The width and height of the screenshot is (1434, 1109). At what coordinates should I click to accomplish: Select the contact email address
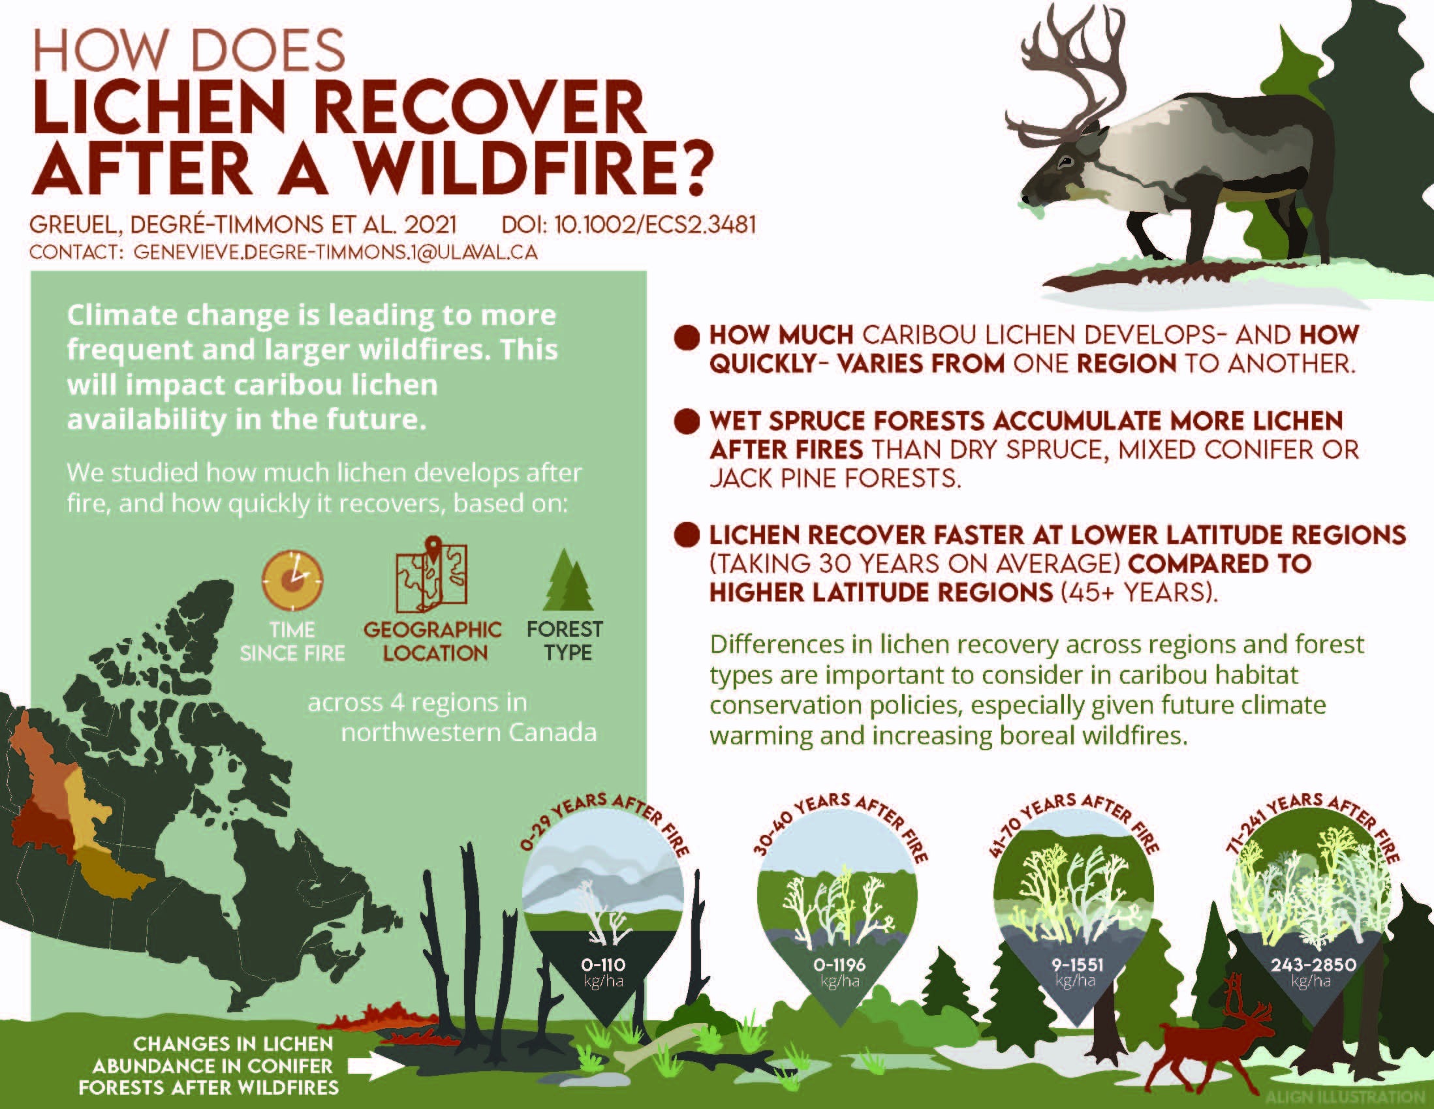click(x=335, y=253)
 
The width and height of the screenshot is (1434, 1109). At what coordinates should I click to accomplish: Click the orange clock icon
click(x=292, y=579)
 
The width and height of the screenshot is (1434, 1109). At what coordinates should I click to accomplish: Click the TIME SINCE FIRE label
click(x=292, y=642)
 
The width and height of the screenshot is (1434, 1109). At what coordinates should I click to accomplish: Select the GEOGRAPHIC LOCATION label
click(x=433, y=641)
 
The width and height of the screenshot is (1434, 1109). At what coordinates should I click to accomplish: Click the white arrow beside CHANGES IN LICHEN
click(x=375, y=1067)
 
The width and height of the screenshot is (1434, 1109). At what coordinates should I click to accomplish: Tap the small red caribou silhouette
click(x=1202, y=1043)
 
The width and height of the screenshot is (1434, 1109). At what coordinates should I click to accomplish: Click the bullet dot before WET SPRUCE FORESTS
click(x=687, y=421)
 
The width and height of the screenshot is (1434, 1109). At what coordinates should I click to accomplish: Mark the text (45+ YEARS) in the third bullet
click(x=1139, y=592)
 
